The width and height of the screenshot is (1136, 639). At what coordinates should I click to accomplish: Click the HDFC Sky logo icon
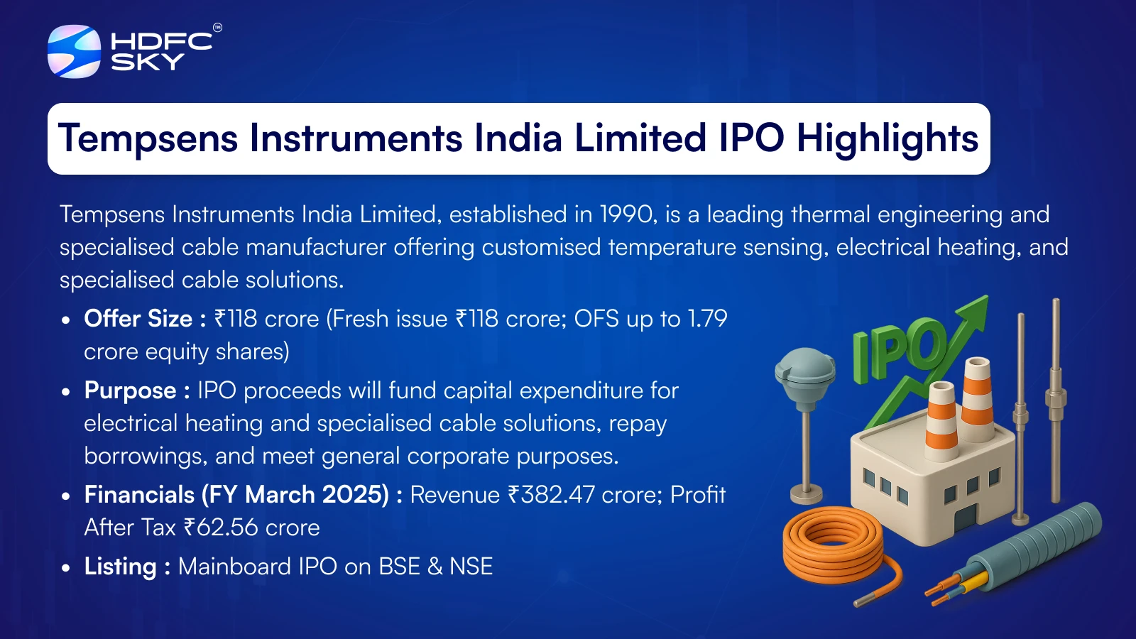coord(74,51)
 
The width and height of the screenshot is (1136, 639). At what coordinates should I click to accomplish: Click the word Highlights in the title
coord(887,138)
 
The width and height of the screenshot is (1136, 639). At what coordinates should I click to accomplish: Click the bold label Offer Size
coord(138,319)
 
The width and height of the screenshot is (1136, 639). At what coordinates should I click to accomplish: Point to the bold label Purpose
coord(131,391)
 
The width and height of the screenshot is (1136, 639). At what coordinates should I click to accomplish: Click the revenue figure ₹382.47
coord(551,495)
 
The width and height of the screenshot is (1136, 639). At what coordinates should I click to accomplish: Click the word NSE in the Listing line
coord(471,567)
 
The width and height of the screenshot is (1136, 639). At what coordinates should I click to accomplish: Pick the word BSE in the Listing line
coord(400,567)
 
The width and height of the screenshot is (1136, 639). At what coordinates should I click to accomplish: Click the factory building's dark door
coord(966,518)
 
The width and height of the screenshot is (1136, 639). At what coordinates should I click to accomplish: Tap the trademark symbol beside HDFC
coord(217,28)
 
